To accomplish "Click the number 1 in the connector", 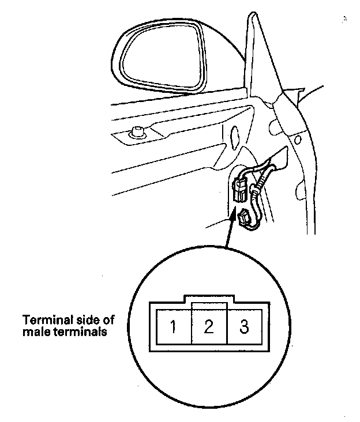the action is point(172,327).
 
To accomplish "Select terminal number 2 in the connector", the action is point(209,327).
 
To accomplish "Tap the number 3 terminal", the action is point(244,327).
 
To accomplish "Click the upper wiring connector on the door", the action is point(239,187).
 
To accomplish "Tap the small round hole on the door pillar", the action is point(297,139).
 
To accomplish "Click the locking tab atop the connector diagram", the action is point(209,299).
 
